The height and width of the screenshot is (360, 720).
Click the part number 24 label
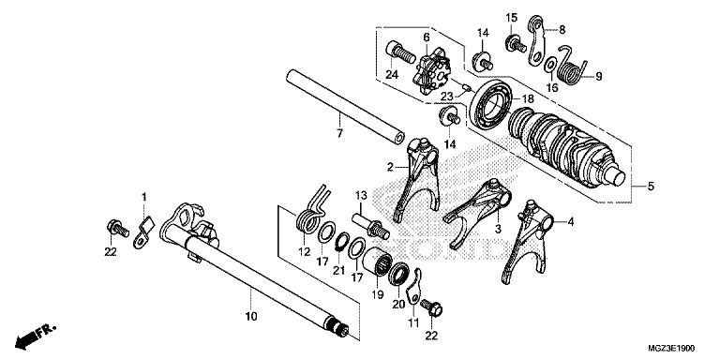click(392, 74)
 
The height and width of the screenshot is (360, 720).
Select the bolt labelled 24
click(400, 52)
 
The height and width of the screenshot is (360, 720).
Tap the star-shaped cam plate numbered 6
click(432, 69)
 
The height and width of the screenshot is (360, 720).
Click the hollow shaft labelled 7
click(345, 107)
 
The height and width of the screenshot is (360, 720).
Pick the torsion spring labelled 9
click(571, 67)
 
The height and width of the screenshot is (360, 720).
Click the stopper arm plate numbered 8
click(536, 40)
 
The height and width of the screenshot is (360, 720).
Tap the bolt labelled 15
click(516, 44)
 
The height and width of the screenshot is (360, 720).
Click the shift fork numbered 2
click(418, 179)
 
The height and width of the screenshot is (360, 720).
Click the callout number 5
click(651, 187)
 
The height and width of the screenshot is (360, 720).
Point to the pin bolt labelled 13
click(370, 225)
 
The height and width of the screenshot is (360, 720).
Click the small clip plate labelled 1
click(142, 232)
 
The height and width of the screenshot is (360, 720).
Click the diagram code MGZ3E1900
click(671, 349)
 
